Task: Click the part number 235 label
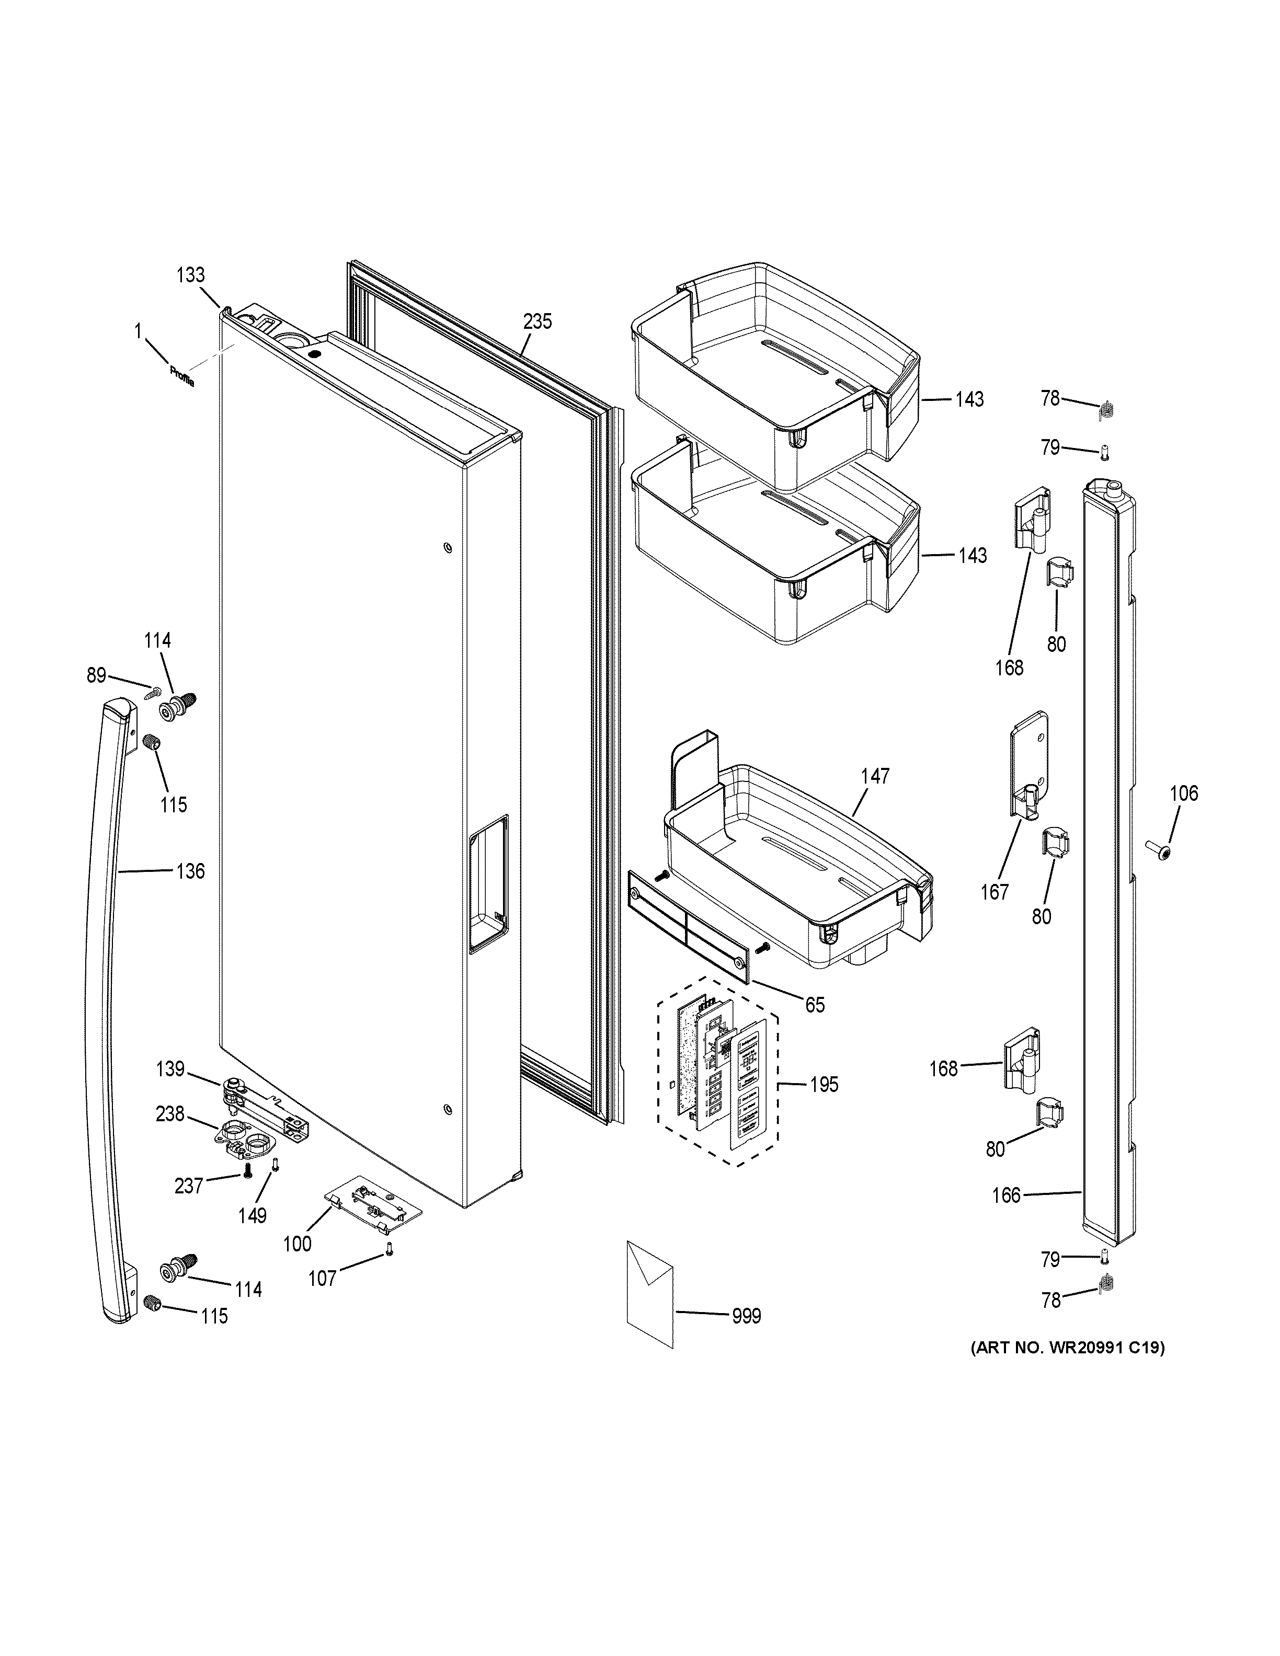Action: click(537, 321)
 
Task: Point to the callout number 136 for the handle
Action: click(190, 871)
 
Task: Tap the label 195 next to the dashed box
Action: click(824, 1085)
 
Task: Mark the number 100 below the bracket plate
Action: click(297, 1244)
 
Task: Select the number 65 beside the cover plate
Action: click(815, 1005)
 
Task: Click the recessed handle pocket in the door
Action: click(488, 884)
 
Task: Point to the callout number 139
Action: click(170, 1069)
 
